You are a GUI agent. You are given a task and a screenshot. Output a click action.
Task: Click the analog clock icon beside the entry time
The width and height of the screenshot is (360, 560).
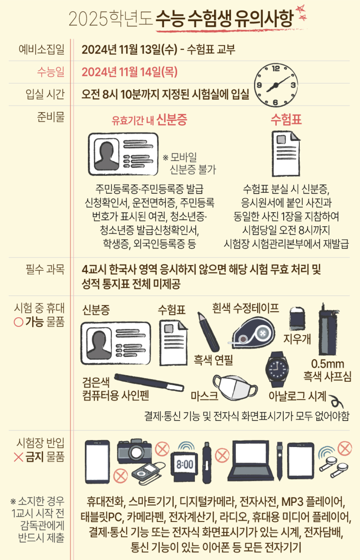click(x=275, y=85)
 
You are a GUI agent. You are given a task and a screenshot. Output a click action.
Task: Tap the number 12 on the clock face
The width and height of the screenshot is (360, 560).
click(x=276, y=69)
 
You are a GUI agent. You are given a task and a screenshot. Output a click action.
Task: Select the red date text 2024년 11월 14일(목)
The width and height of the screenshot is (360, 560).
click(x=129, y=72)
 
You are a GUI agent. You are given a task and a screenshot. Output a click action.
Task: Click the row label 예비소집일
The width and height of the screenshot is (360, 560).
click(x=41, y=50)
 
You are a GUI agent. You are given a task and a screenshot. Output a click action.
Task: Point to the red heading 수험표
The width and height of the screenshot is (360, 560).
click(x=286, y=119)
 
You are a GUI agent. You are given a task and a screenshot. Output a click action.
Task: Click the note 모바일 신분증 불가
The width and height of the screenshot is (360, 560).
click(x=190, y=163)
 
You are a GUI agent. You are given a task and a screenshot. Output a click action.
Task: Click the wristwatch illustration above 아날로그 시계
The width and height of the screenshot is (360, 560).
click(x=277, y=369)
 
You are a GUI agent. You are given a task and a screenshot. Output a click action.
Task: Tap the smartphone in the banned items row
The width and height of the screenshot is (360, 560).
click(x=97, y=461)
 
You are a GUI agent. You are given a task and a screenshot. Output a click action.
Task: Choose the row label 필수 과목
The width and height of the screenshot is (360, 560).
click(x=45, y=269)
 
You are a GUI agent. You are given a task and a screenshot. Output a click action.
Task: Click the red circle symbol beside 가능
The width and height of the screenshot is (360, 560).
click(x=18, y=322)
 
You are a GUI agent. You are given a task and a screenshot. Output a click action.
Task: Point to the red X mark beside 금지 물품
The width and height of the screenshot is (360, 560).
click(x=18, y=457)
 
